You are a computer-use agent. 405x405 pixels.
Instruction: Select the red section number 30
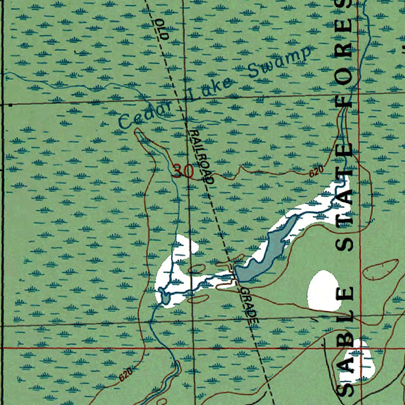[x=183, y=171]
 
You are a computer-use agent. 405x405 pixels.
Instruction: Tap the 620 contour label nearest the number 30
[x=316, y=172]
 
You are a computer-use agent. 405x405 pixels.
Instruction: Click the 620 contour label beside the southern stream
[x=126, y=373]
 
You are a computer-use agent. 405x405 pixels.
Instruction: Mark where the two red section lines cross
[x=359, y=348]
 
